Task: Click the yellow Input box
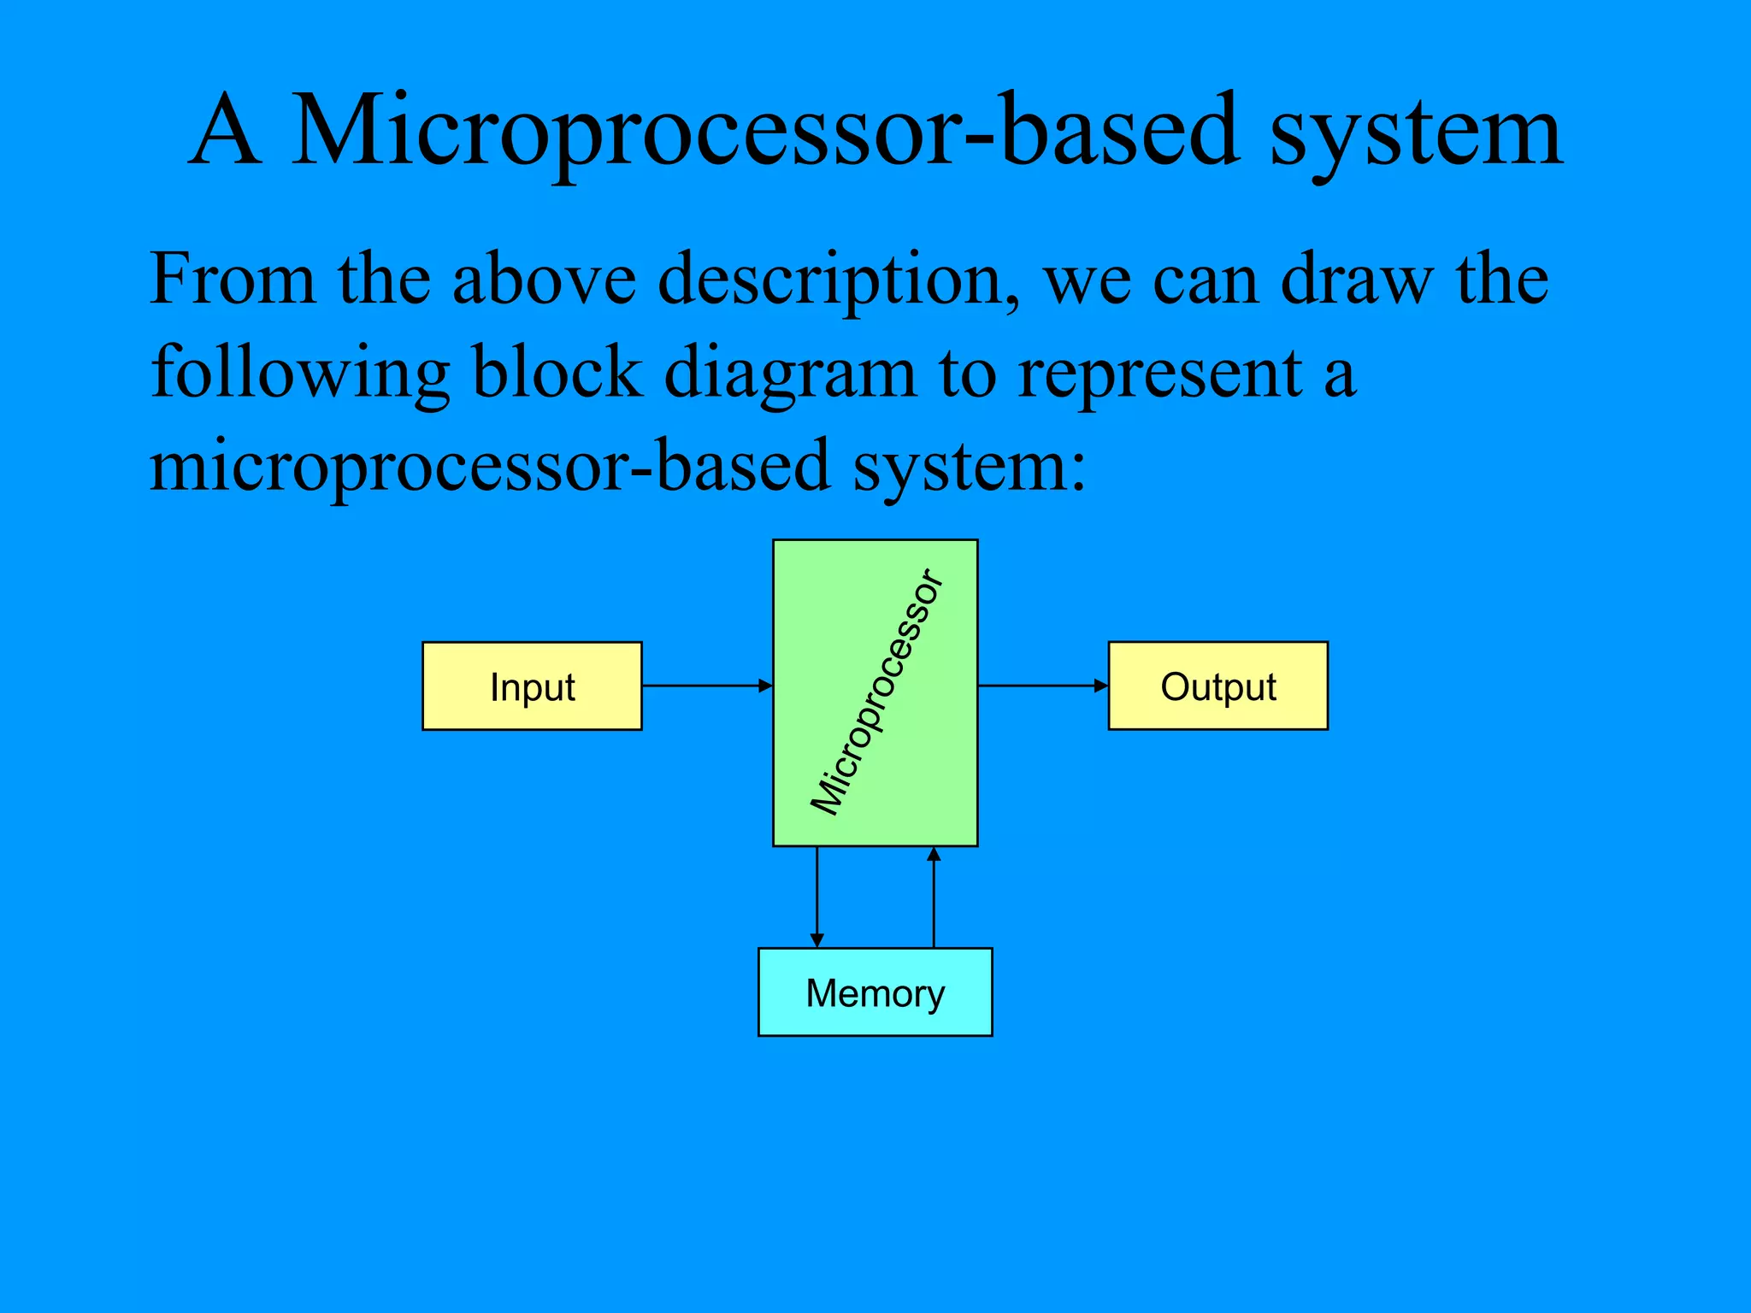pos(532,686)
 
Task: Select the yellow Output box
pos(1217,686)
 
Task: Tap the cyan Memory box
pos(875,992)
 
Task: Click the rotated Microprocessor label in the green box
pos(877,692)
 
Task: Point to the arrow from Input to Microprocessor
pos(706,686)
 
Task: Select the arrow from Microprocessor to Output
pos(1042,686)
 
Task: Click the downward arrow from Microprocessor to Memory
pos(817,897)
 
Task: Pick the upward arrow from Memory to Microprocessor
pos(934,897)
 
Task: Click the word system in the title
pos(1416,132)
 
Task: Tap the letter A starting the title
pos(225,132)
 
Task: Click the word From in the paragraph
pos(232,280)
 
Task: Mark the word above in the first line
pos(544,280)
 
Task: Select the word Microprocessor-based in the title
pos(764,132)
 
